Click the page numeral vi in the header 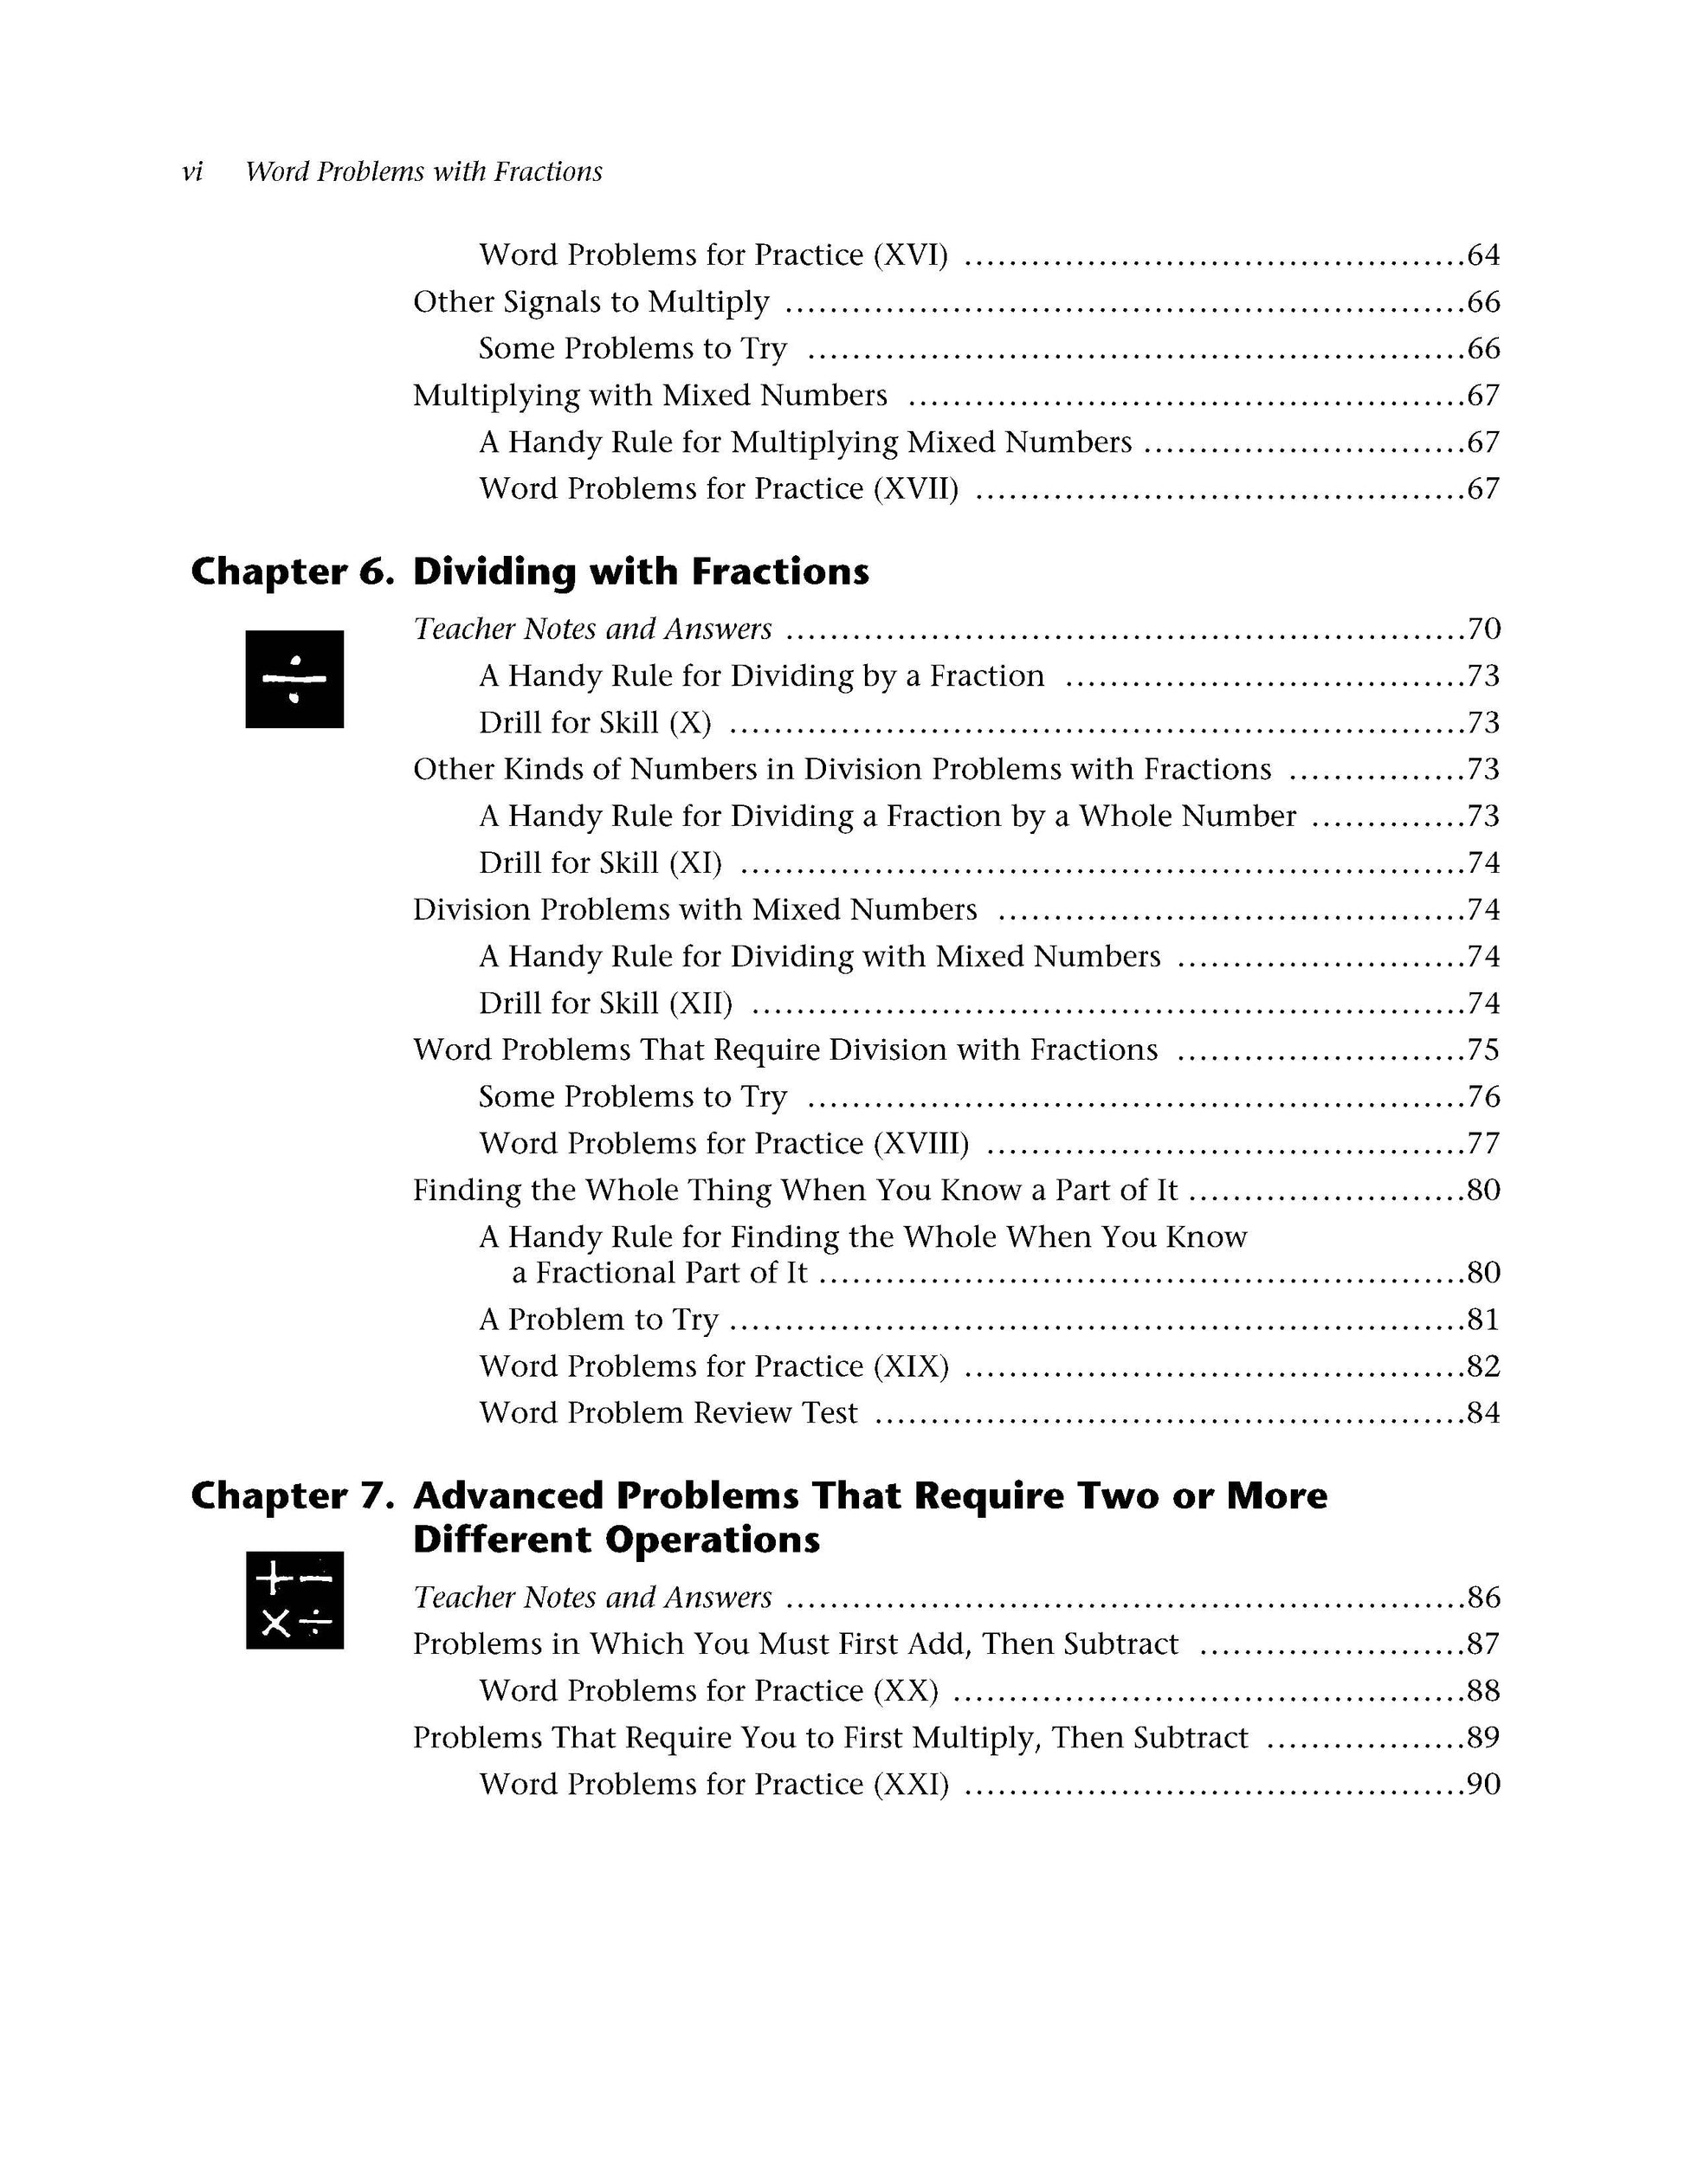point(192,172)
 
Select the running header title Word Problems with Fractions point(423,172)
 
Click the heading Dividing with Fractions point(641,571)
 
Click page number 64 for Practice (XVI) point(1482,255)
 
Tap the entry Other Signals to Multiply point(591,302)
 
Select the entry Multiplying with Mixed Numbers point(649,396)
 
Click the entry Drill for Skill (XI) point(600,862)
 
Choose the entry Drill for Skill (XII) point(605,1004)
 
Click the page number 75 point(1482,1050)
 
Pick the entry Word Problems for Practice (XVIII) point(723,1144)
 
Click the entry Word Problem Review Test point(668,1414)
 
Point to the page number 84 point(1482,1414)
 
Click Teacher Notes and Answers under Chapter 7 point(592,1598)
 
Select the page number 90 point(1482,1785)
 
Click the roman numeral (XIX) point(910,1367)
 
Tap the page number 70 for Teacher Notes point(1482,630)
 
